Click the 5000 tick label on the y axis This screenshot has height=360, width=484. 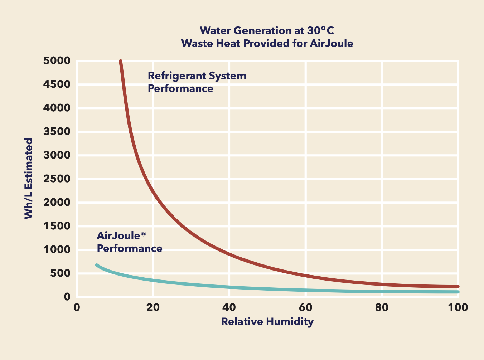coord(57,61)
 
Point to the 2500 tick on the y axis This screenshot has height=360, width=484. coord(57,179)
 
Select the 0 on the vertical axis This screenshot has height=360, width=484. coord(67,297)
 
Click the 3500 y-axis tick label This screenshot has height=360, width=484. coord(57,131)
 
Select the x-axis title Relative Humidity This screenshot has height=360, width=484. coord(267,322)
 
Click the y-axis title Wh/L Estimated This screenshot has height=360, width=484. coord(28,179)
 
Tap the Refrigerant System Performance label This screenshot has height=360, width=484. coord(197,82)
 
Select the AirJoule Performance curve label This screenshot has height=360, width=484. coord(129,242)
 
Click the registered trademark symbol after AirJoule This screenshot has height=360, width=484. coord(144,234)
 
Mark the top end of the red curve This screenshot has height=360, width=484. coord(121,62)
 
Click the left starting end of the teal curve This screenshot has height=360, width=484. coord(97,265)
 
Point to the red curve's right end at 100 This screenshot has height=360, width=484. coord(457,287)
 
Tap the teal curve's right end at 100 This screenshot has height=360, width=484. coord(457,292)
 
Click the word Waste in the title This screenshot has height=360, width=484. coord(196,43)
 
